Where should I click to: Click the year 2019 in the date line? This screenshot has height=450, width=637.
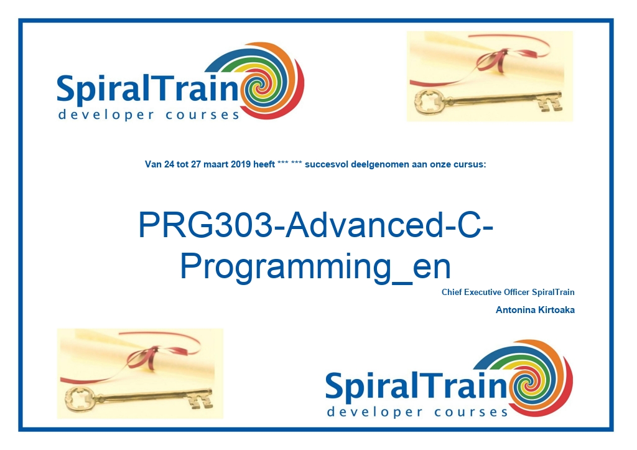[241, 164]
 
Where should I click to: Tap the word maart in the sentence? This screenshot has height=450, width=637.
[216, 164]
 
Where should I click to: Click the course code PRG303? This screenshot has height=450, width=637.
[205, 225]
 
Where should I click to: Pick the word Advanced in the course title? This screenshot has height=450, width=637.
[363, 225]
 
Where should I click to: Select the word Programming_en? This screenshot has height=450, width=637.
[315, 266]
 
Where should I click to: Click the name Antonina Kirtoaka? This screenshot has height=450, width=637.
[535, 310]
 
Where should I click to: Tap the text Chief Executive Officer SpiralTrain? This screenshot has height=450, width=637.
[508, 292]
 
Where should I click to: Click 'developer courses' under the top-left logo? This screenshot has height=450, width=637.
[149, 115]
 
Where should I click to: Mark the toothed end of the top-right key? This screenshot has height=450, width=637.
[551, 101]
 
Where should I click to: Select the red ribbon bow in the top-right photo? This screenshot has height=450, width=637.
[495, 59]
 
